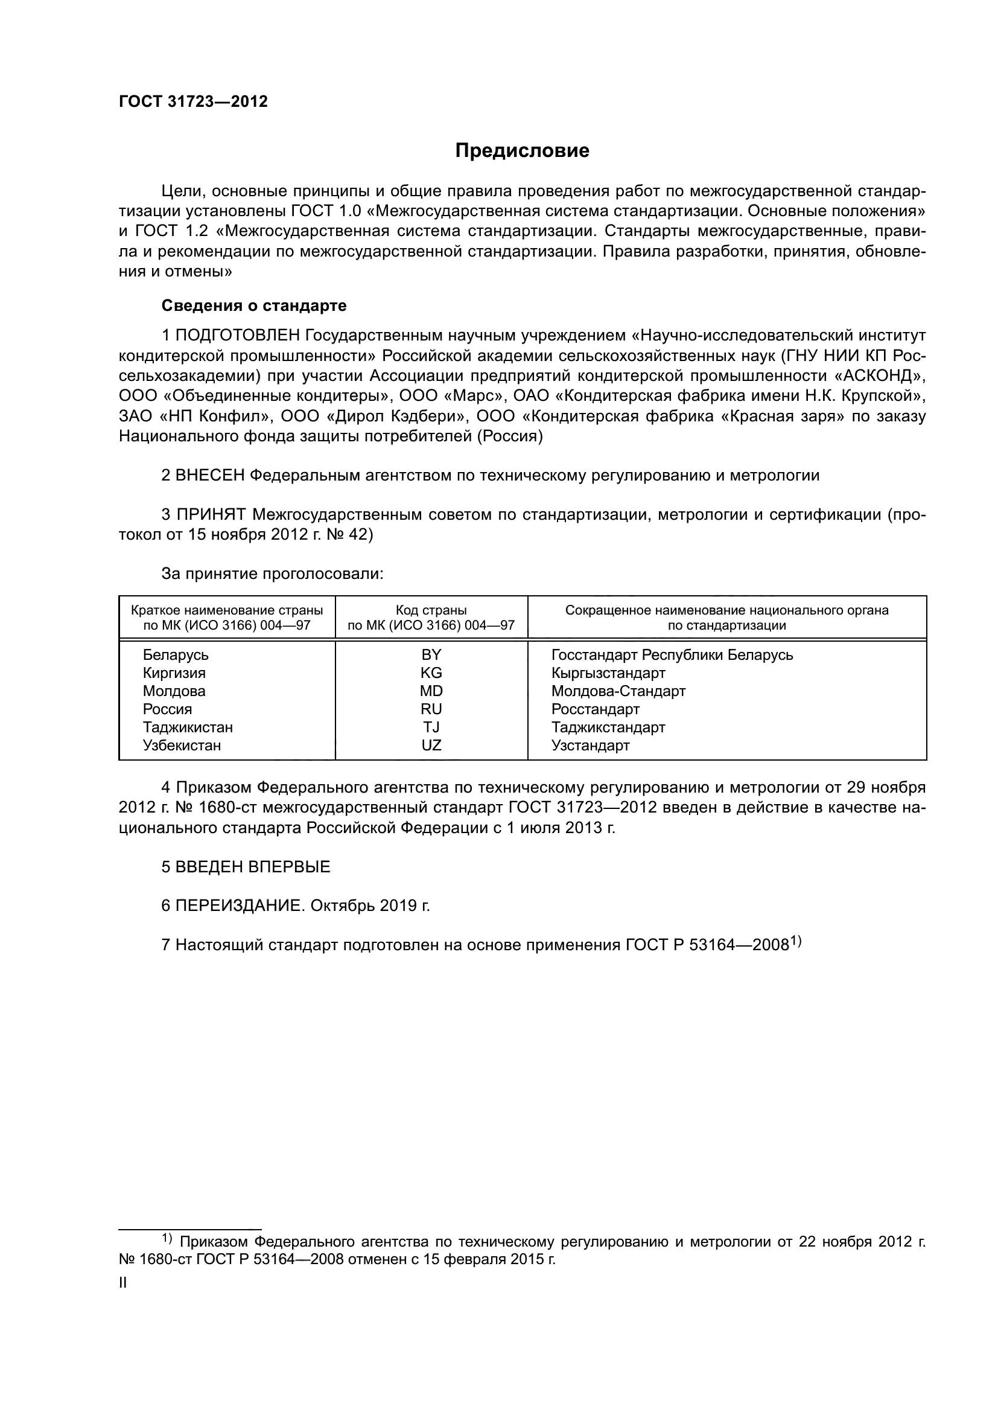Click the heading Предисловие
coord(522,151)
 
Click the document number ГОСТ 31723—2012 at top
coord(193,102)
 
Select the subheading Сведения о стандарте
coord(254,305)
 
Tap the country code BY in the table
coord(431,654)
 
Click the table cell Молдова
coord(174,691)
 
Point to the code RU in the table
coord(431,709)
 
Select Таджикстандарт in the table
coord(608,727)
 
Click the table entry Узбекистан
coord(182,746)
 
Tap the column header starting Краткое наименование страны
coord(227,618)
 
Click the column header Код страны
coord(431,611)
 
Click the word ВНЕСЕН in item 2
coord(210,475)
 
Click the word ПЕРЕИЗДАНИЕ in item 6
coord(238,906)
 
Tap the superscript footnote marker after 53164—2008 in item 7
coord(796,941)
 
